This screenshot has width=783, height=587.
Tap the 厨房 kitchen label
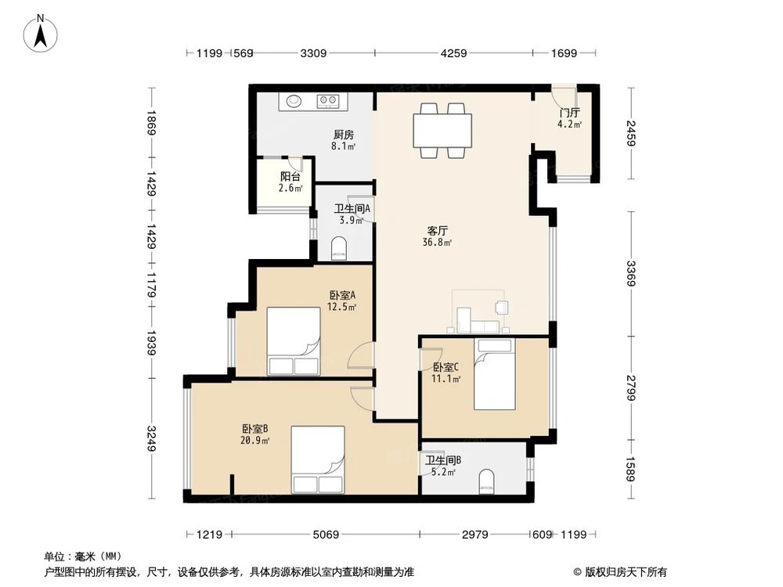[x=343, y=139]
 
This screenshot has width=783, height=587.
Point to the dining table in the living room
[x=442, y=130]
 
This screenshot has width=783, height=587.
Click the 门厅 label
[x=569, y=118]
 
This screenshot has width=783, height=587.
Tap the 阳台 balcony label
[x=290, y=182]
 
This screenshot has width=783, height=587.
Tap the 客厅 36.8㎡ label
[x=438, y=236]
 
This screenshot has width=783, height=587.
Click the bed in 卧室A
[x=294, y=341]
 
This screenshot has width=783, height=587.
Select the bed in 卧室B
[x=317, y=460]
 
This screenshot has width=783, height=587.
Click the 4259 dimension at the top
[x=453, y=53]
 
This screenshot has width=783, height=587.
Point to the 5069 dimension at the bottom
[x=325, y=535]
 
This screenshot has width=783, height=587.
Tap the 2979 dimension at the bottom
[x=475, y=535]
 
